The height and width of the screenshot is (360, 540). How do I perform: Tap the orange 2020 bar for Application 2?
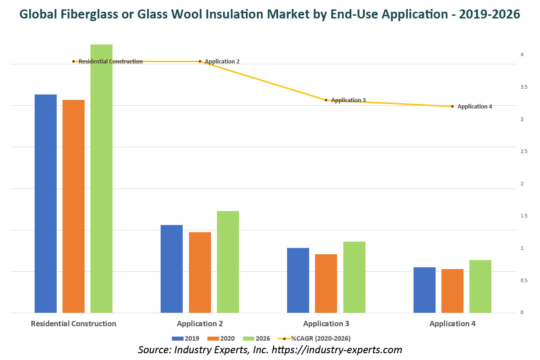click(200, 272)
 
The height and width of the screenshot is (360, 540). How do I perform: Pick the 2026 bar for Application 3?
click(354, 277)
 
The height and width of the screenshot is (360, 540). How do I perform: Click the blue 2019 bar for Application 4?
click(424, 290)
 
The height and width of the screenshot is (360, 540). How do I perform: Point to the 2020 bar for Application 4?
click(452, 291)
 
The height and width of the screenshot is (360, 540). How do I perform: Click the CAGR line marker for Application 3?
click(326, 100)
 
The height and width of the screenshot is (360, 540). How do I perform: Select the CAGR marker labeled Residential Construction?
click(73, 61)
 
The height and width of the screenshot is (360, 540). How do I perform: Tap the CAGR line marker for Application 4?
click(452, 107)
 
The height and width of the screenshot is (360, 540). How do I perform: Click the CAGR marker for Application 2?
click(200, 61)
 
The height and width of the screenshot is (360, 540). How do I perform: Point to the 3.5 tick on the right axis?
click(522, 87)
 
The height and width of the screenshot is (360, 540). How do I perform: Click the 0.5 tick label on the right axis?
click(522, 281)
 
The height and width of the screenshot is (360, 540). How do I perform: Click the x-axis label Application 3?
click(326, 324)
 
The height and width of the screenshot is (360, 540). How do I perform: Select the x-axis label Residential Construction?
click(73, 324)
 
